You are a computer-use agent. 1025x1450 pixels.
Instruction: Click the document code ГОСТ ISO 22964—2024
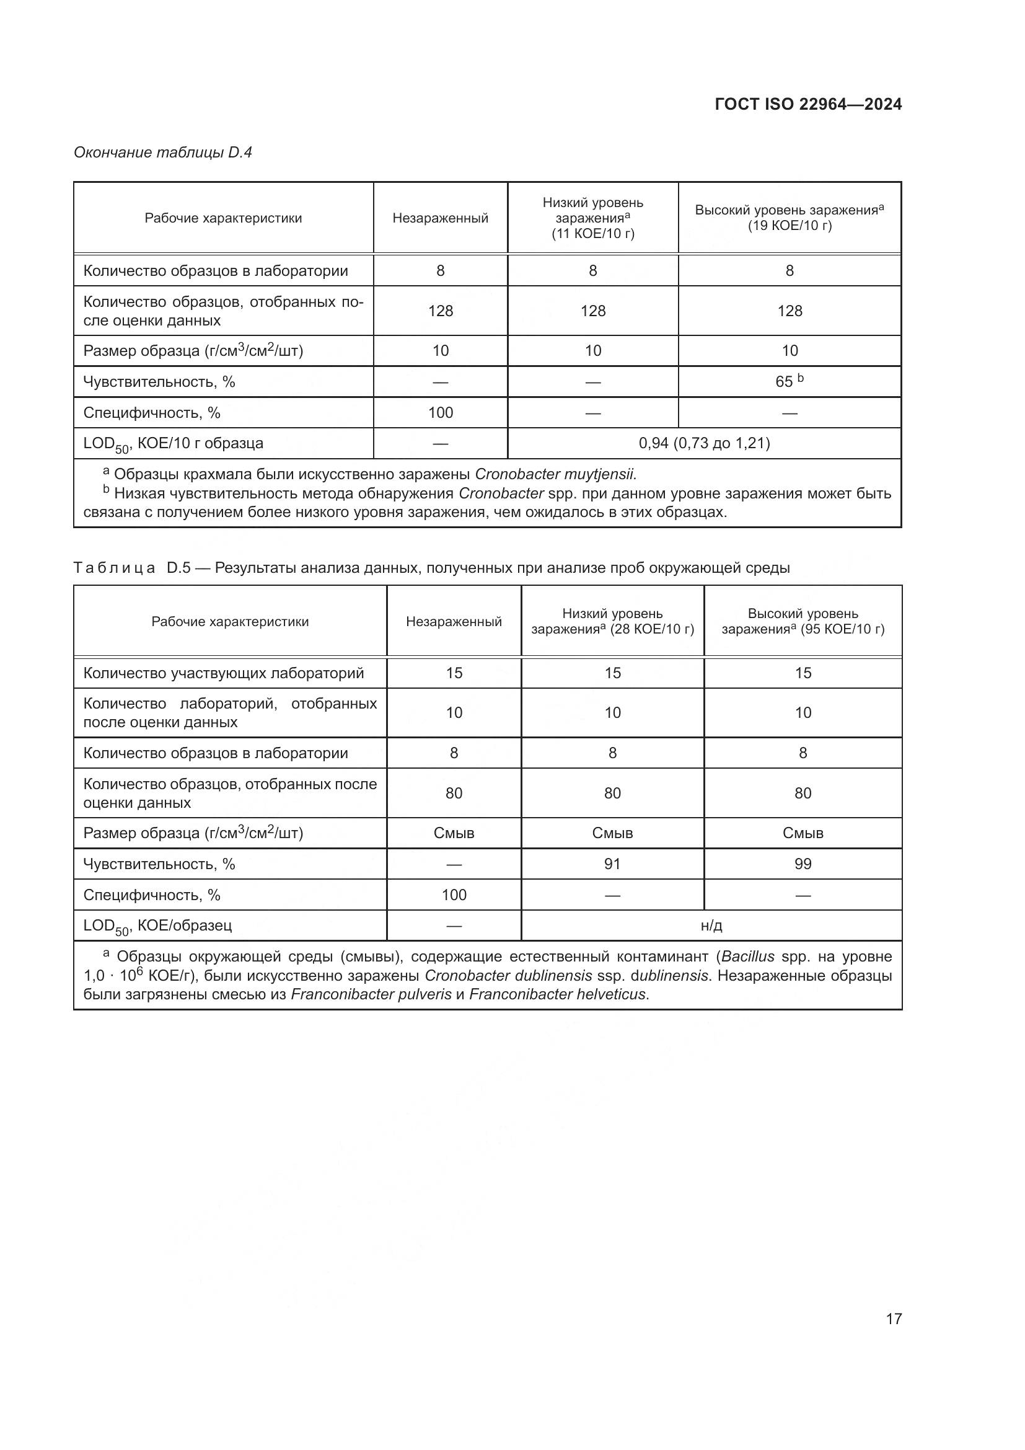click(808, 104)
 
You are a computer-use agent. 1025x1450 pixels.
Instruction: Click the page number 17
click(894, 1319)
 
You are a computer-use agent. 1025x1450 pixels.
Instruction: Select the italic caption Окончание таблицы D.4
click(163, 153)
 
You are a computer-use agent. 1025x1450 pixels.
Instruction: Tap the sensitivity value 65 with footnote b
click(789, 381)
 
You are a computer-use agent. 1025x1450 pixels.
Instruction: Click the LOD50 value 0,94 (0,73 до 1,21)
click(704, 443)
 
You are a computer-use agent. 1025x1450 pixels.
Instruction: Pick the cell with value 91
click(612, 864)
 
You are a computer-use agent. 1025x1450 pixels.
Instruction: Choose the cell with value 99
click(802, 864)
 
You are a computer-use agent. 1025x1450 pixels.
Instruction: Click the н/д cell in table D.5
click(711, 926)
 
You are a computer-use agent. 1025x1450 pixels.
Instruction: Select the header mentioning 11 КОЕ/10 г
click(592, 218)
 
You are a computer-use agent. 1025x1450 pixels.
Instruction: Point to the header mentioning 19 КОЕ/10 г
click(789, 218)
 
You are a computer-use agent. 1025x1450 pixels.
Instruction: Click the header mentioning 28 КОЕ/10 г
click(612, 621)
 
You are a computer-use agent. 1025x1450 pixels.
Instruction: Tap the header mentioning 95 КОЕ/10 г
click(802, 621)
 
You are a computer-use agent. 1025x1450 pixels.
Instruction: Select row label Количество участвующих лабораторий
click(224, 673)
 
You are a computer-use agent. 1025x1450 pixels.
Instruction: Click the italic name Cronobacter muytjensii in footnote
click(555, 474)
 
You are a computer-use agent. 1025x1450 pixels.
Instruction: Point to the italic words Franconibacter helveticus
click(557, 994)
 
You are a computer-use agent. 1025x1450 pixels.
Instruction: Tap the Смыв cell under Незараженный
click(454, 833)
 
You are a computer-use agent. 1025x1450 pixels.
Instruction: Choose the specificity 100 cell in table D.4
click(440, 413)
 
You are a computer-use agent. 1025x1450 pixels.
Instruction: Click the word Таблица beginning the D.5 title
click(114, 568)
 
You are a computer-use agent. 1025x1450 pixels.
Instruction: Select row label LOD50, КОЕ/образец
click(158, 926)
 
